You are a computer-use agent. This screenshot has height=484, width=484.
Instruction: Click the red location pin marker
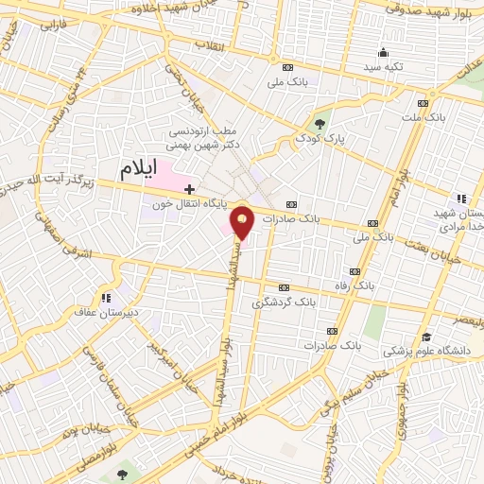click(244, 223)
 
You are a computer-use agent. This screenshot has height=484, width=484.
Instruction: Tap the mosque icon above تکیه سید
click(383, 53)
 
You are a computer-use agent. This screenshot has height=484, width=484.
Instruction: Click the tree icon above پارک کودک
click(320, 123)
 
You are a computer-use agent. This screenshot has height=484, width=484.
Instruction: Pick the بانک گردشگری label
click(283, 303)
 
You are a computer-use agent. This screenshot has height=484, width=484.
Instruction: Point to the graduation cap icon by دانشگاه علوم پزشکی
click(426, 337)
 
